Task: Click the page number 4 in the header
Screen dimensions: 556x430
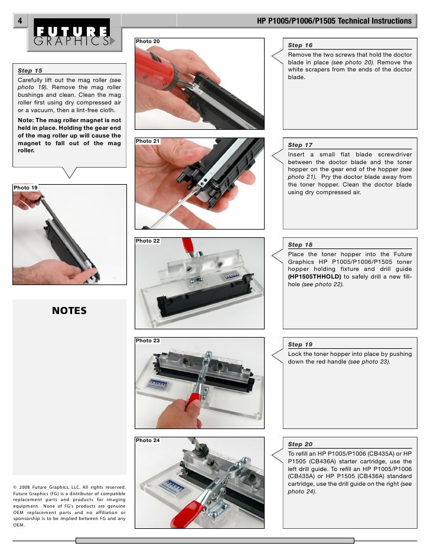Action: click(19, 21)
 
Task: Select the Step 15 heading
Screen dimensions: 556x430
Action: click(30, 70)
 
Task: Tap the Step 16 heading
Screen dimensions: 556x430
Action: click(300, 45)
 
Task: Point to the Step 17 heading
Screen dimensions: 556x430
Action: click(300, 145)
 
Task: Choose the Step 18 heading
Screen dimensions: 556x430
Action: click(300, 245)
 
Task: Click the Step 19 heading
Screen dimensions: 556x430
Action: click(300, 345)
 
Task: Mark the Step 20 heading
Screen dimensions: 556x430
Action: click(300, 444)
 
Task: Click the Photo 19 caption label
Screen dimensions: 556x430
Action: click(25, 188)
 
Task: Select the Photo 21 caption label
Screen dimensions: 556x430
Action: click(148, 142)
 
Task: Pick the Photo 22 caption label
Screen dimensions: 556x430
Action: click(148, 241)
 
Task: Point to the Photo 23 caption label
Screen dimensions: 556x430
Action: click(148, 341)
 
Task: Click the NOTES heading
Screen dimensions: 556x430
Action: click(69, 311)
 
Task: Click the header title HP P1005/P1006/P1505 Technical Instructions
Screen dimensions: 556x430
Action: click(334, 21)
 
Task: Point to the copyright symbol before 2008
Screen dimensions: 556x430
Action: click(15, 487)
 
